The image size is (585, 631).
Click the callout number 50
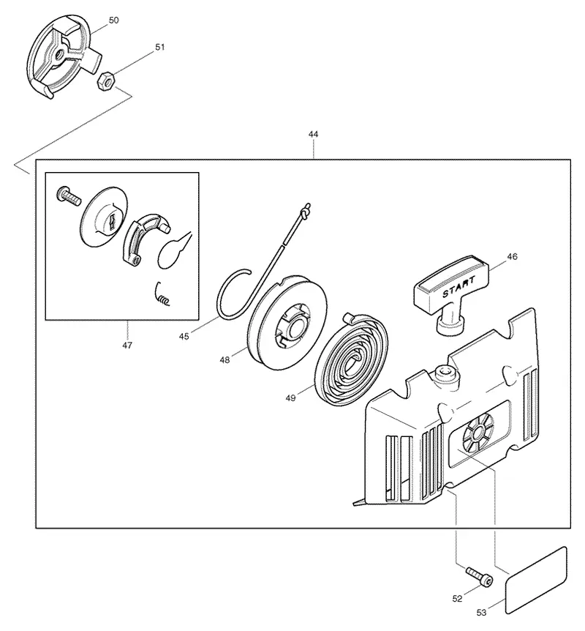(x=114, y=20)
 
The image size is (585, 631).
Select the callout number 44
(x=313, y=134)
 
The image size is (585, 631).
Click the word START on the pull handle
(x=458, y=287)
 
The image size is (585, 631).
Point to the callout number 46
(x=512, y=257)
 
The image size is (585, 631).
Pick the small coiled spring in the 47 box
(x=162, y=294)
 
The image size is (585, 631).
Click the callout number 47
(x=127, y=346)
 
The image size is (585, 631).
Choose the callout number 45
(x=184, y=337)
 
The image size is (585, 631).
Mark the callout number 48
(x=224, y=360)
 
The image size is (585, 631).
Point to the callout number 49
(x=290, y=398)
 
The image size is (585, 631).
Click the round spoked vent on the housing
(x=478, y=433)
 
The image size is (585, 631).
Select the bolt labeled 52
(x=480, y=577)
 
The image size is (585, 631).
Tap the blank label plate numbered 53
(x=536, y=580)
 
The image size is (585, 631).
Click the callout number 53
(x=481, y=613)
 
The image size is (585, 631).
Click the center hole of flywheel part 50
(x=60, y=54)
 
